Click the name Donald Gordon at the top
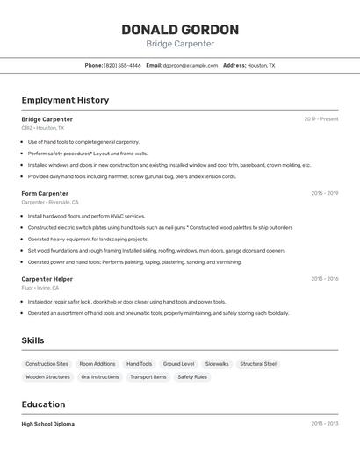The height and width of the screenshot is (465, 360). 180,29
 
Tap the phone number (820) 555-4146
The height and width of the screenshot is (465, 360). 122,65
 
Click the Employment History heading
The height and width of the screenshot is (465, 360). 65,100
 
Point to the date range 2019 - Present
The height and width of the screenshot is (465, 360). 321,119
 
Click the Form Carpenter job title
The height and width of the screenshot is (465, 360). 45,193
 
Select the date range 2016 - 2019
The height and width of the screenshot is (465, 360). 324,193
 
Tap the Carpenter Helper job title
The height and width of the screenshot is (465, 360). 47,279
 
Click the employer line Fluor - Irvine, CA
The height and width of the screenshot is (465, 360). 40,288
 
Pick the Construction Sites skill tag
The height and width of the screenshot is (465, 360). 47,364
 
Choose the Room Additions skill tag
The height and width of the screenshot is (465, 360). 97,364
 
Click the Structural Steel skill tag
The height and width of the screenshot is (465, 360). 258,364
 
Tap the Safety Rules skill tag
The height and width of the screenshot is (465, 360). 192,377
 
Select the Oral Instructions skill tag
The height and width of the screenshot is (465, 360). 99,377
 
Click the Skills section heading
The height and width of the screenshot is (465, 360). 32,340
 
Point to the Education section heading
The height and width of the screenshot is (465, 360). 43,404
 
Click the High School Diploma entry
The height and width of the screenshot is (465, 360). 48,424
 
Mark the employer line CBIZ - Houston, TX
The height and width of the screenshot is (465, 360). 43,128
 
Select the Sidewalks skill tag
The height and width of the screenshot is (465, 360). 217,364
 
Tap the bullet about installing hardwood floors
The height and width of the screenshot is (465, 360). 86,216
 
